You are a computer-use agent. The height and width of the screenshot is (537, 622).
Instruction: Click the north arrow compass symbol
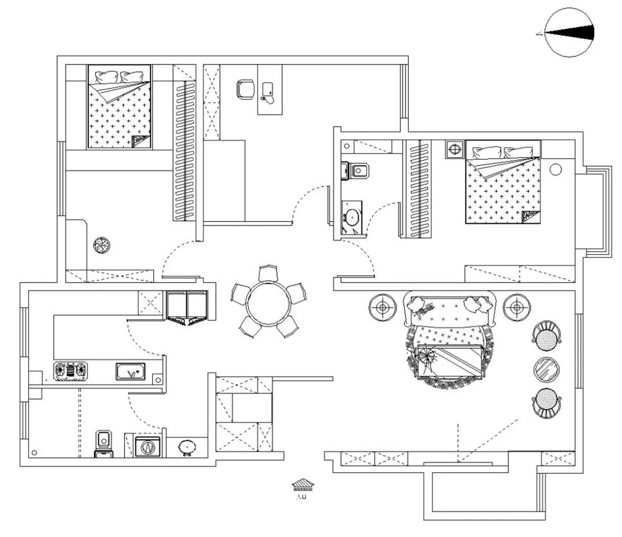click(x=569, y=32)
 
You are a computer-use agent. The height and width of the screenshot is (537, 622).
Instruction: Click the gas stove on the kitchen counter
click(x=70, y=371)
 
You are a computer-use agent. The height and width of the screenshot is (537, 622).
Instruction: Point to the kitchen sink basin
click(x=131, y=371)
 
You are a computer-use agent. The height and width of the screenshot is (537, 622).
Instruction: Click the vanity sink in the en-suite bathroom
click(x=351, y=218)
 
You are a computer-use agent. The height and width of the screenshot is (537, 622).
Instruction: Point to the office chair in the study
click(x=246, y=89)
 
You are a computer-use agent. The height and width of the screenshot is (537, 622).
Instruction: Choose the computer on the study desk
click(x=268, y=90)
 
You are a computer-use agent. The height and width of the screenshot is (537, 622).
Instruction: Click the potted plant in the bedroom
click(x=102, y=245)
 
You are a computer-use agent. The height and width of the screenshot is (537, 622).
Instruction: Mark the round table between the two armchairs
click(x=547, y=369)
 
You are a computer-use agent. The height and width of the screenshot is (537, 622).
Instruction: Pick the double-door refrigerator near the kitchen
click(x=187, y=305)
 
